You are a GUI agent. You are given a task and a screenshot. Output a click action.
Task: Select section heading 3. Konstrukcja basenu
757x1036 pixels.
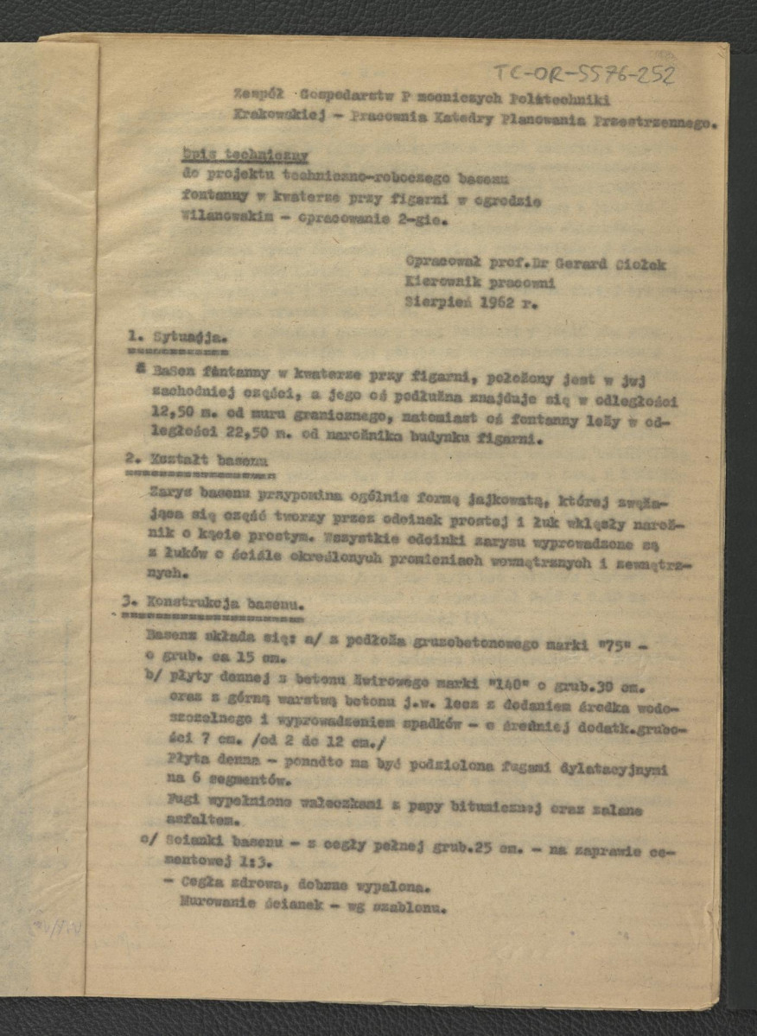212,602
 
